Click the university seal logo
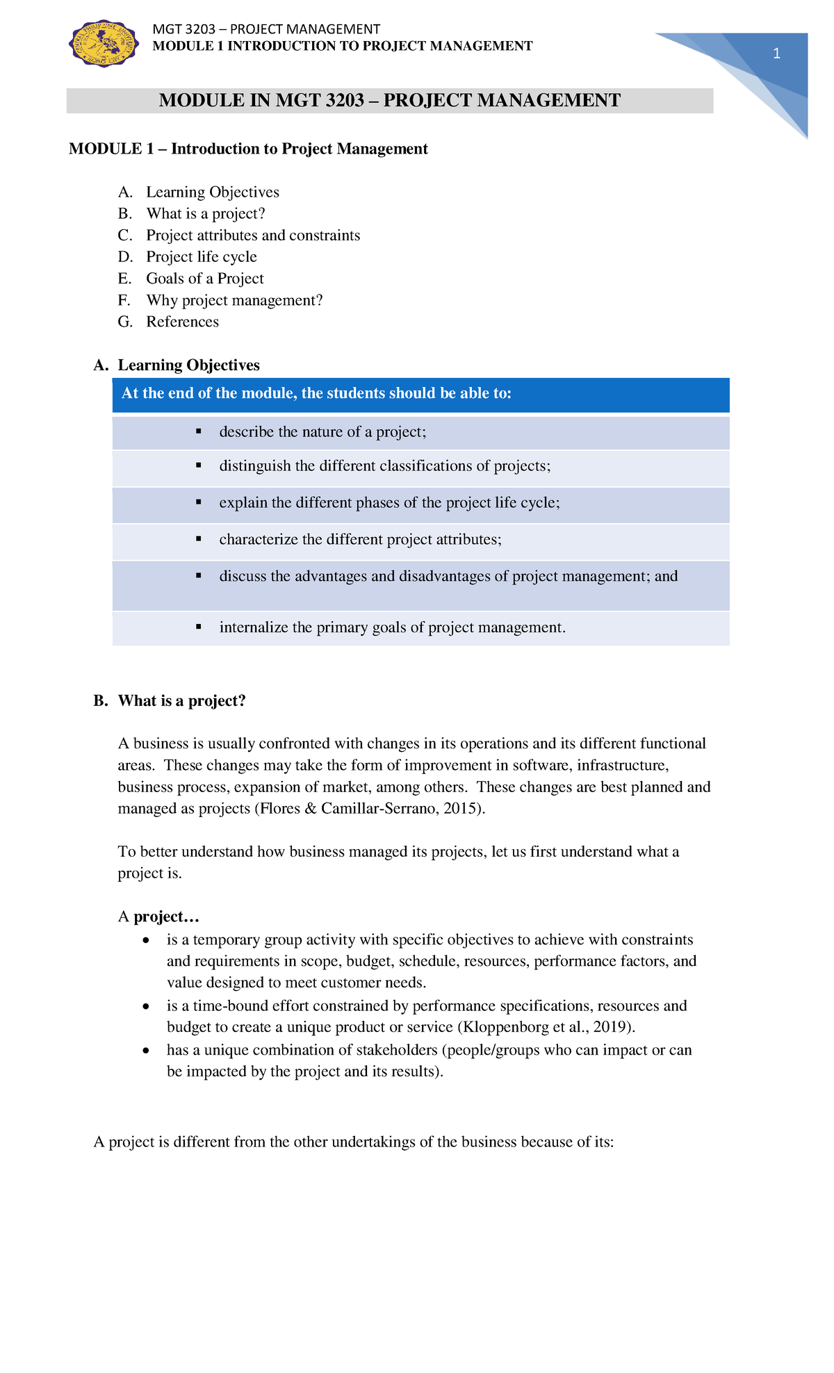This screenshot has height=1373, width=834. (103, 44)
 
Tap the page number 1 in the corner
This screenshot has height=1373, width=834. (776, 54)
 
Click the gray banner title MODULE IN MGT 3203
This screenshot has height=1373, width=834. (389, 101)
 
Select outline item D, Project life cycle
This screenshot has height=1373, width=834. (201, 257)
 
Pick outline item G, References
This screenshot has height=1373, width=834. (182, 322)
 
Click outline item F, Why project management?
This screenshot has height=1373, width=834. (234, 300)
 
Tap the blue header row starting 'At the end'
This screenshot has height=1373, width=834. (420, 394)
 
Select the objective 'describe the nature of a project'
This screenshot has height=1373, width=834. (322, 432)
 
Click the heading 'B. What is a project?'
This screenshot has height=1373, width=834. (170, 700)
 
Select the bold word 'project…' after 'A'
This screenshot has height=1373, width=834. (166, 916)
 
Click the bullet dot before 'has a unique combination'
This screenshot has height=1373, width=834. (145, 1051)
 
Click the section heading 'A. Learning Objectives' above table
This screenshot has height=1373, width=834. (177, 365)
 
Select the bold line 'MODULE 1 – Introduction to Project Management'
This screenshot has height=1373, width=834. (248, 149)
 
